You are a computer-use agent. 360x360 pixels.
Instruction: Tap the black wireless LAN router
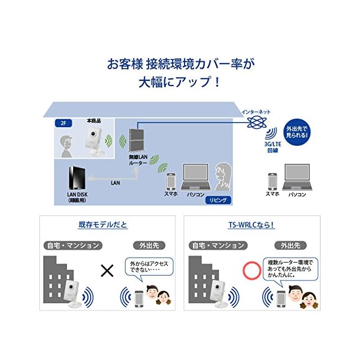click(x=135, y=142)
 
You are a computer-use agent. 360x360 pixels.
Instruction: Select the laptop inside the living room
click(x=196, y=179)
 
